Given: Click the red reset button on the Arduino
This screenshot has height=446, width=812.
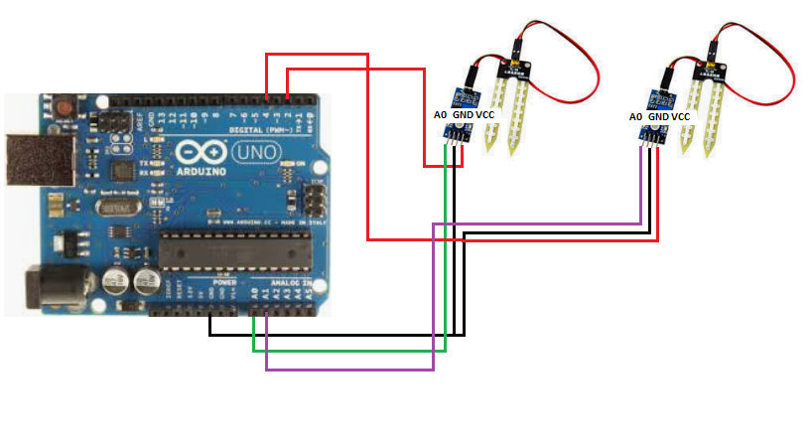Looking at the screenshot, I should (65, 102).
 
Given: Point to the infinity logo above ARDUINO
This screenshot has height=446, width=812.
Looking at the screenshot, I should (197, 151).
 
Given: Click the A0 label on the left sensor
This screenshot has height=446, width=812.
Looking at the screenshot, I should (441, 116).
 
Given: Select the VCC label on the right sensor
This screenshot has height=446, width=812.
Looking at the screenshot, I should (680, 117).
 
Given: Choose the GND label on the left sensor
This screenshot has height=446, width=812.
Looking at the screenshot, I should (463, 116).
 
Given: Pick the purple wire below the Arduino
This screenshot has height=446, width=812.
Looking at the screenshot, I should (347, 371).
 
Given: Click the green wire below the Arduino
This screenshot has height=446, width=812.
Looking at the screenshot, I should (347, 351).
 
